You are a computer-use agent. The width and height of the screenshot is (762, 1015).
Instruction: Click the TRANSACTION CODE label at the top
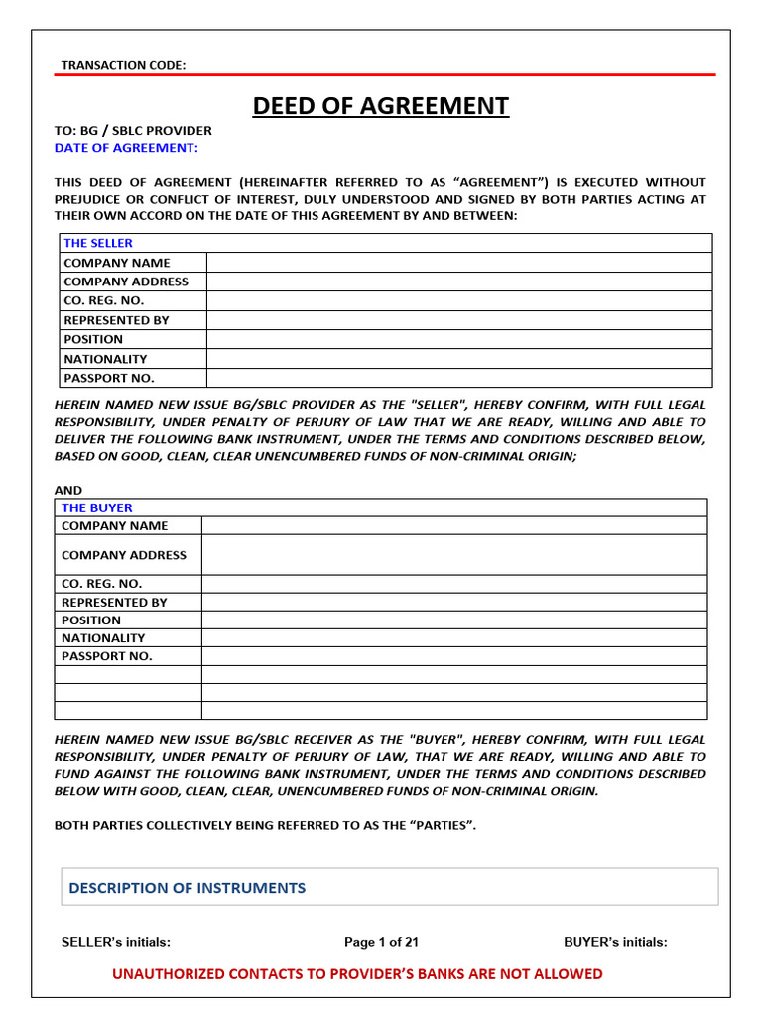(123, 65)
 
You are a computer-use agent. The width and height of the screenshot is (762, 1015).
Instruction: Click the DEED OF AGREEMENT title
(380, 106)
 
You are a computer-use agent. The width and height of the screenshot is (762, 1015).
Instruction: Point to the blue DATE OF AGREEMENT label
(126, 148)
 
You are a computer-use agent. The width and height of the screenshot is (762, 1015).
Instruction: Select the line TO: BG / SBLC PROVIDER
(133, 130)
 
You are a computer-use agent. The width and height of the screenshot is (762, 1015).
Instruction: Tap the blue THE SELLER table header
(98, 243)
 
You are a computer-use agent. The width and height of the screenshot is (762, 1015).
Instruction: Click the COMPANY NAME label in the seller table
(116, 263)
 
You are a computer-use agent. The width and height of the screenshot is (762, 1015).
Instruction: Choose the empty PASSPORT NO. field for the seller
(458, 378)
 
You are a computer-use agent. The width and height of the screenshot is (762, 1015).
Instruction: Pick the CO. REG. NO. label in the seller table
(103, 300)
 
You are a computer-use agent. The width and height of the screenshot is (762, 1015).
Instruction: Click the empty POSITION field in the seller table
(458, 339)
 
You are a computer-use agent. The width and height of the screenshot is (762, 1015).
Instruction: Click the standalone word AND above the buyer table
(68, 490)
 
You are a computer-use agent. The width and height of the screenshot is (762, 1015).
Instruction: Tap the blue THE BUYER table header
(96, 507)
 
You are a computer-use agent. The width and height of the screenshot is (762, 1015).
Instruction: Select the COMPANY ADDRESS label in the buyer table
(124, 555)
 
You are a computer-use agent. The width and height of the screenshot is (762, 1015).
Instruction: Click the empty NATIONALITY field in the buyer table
(453, 638)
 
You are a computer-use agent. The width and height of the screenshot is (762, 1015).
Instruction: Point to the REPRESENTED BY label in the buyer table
(114, 602)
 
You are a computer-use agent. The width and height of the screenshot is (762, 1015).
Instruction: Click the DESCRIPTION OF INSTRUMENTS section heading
(187, 888)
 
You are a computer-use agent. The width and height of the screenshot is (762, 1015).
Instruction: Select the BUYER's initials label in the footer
(615, 943)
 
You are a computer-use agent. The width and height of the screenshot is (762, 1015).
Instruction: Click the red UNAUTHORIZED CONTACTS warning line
(357, 974)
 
